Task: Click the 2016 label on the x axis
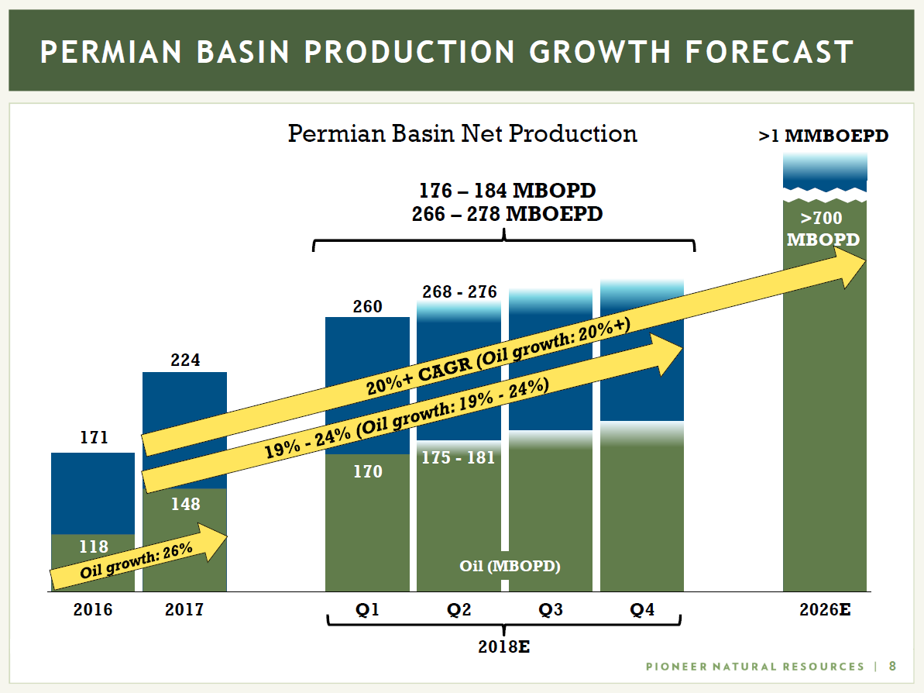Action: [x=93, y=610]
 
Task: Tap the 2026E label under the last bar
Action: [x=825, y=610]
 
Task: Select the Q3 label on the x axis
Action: [x=551, y=610]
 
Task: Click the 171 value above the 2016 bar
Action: [x=94, y=438]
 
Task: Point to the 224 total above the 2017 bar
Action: [x=185, y=360]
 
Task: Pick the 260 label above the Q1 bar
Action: [x=368, y=307]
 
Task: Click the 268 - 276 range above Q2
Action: [x=459, y=292]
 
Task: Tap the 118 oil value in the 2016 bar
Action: [x=94, y=547]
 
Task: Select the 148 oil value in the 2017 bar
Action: [x=185, y=505]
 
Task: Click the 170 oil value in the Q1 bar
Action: [x=368, y=471]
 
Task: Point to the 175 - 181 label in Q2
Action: [x=459, y=458]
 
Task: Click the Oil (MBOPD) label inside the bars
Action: [x=510, y=566]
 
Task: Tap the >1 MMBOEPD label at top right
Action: [x=823, y=137]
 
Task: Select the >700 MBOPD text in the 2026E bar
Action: [x=823, y=229]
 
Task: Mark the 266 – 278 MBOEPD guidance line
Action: [x=507, y=214]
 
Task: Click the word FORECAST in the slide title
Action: [x=770, y=52]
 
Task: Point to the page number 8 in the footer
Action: [x=892, y=667]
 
